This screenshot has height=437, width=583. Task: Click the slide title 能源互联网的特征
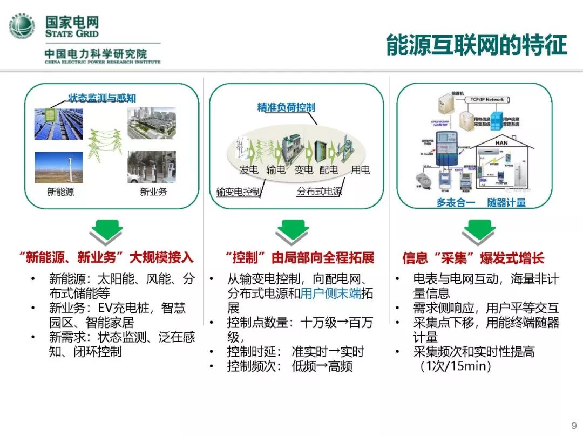click(476, 45)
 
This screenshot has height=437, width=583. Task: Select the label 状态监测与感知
click(102, 98)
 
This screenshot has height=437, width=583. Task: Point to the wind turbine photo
click(59, 167)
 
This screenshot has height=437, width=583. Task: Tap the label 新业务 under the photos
click(153, 192)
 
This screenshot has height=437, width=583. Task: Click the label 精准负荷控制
click(286, 107)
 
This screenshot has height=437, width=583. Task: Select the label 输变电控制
click(238, 192)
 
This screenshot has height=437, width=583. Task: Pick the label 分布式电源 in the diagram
click(319, 192)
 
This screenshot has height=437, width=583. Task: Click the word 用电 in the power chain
click(361, 170)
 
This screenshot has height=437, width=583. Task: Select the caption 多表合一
click(456, 203)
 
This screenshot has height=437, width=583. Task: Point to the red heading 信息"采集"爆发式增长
click(473, 258)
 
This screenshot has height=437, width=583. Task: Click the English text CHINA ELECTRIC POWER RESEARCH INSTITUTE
click(103, 62)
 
